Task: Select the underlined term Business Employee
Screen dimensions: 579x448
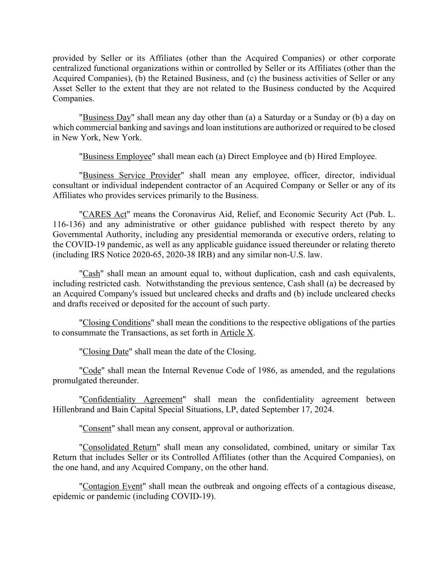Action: [x=117, y=157]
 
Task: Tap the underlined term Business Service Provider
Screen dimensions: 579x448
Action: [x=131, y=175]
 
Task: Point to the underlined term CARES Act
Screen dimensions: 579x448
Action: [x=104, y=214]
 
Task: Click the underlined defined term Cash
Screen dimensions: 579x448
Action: [x=91, y=274]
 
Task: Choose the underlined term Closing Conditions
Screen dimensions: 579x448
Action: [x=116, y=323]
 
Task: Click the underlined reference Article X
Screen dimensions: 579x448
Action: [x=237, y=333]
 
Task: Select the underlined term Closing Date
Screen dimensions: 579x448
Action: [x=105, y=352]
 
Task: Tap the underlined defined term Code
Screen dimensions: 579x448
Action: [x=92, y=370]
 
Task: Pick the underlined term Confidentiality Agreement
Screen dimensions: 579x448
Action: [x=132, y=400]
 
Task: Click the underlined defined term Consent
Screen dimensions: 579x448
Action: [x=97, y=428]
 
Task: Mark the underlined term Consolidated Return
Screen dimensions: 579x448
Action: [x=119, y=447]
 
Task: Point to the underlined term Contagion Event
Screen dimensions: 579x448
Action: [x=112, y=486]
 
